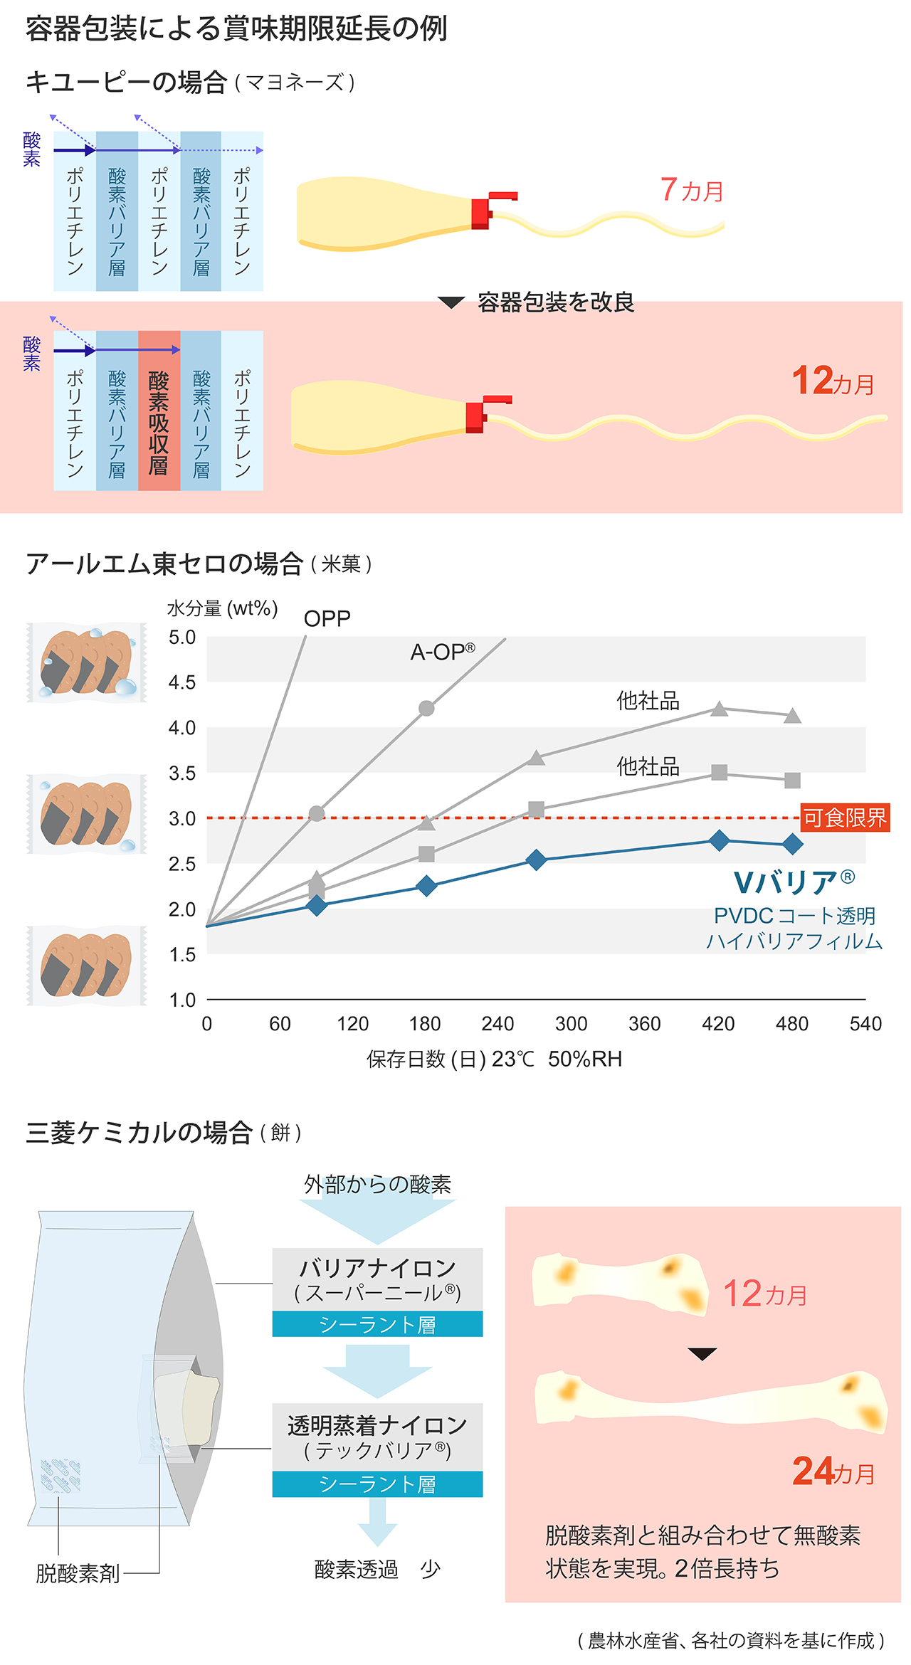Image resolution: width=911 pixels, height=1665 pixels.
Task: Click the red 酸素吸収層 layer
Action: click(159, 411)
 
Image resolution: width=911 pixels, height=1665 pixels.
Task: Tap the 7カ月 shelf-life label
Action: click(691, 190)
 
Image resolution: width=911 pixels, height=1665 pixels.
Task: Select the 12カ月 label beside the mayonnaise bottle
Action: click(833, 381)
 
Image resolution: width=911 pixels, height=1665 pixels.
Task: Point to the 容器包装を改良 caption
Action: click(555, 302)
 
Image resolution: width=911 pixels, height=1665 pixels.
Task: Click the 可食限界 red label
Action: click(845, 818)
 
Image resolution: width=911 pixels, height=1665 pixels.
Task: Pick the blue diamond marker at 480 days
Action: click(792, 845)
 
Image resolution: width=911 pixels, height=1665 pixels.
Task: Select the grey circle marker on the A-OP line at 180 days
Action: click(426, 708)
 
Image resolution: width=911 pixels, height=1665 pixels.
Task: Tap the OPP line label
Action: click(327, 618)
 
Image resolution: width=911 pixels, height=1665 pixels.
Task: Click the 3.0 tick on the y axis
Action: click(182, 818)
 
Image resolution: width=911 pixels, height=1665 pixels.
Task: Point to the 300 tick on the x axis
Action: click(571, 1024)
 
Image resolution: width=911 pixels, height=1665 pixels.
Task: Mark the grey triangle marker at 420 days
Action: click(720, 709)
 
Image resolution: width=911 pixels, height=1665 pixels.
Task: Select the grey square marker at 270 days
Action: click(537, 810)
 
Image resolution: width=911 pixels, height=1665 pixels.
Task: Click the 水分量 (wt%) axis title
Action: click(222, 608)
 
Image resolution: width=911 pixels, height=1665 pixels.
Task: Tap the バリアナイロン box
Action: click(377, 1280)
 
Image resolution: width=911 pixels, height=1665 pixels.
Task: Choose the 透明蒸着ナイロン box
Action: click(377, 1437)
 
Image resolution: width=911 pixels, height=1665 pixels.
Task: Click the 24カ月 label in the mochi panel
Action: click(833, 1471)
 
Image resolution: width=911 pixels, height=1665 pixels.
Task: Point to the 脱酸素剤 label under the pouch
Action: click(78, 1573)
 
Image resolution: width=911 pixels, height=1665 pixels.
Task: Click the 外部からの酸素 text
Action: click(377, 1185)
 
